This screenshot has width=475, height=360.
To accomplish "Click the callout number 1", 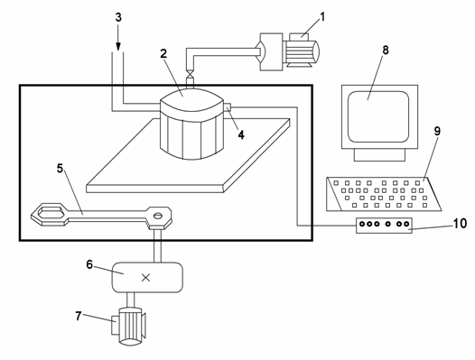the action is pos(322,17).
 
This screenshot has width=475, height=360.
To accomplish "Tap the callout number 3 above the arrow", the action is pos(118,17).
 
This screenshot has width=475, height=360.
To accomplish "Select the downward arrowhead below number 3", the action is pos(118,46).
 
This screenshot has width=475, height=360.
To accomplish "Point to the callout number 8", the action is pos(386,50).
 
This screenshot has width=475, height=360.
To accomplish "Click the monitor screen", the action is pos(378,116).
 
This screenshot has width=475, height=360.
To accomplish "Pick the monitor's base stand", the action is pos(379,154).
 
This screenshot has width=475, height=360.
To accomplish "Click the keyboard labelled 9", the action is pos(384,194).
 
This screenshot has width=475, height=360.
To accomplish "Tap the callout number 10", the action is pos(460,224).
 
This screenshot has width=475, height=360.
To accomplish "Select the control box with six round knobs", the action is pos(384,226).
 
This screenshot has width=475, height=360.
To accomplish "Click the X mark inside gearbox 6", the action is pos(145,277).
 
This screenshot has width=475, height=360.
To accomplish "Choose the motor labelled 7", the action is pos(129,326).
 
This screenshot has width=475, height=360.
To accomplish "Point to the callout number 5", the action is pos(60,168).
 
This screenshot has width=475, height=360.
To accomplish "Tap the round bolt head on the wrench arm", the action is pos(158,216).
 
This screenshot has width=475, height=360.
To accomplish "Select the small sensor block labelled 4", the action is pos(228,107).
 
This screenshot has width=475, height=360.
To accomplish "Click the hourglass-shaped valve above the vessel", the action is pos(190,74).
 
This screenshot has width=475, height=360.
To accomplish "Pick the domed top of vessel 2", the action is pos(191,99).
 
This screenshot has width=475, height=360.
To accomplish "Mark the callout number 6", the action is pos(89,264).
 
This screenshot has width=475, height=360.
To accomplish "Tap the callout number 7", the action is pos(79,316).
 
